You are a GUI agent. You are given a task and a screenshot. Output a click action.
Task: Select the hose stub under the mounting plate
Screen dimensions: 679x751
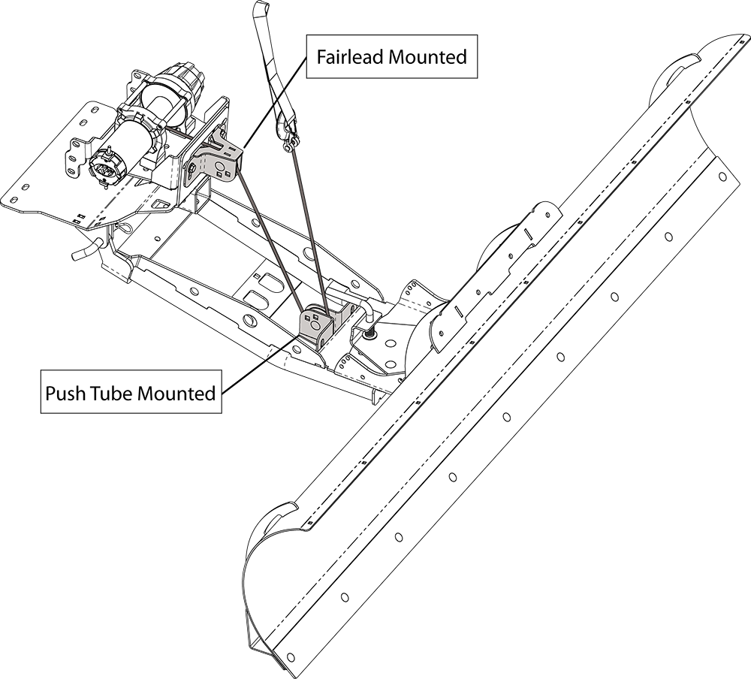click(x=85, y=250)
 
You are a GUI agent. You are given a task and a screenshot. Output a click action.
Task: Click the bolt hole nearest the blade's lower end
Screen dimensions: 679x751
click(x=344, y=597)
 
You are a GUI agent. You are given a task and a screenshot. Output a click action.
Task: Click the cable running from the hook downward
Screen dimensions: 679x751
click(x=307, y=225)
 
